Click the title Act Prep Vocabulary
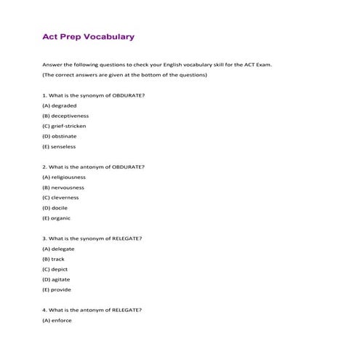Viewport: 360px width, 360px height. pos(88,36)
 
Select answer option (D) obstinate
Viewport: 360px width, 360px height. pos(59,136)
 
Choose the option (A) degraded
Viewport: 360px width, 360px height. pos(59,105)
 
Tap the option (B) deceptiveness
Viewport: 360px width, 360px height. pos(65,116)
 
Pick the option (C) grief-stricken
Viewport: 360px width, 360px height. pos(64,126)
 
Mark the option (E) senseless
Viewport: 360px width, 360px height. pos(59,146)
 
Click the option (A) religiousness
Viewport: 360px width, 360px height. pos(64,177)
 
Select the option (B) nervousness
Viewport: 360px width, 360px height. pos(63,187)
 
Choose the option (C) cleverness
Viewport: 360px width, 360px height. pos(61,197)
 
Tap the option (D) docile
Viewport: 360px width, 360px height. pos(55,207)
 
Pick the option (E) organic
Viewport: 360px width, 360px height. pos(56,217)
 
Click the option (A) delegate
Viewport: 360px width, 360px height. pos(58,249)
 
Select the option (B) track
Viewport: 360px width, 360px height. pos(54,259)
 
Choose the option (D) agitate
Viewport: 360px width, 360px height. pos(57,279)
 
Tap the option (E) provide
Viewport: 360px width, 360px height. pos(56,289)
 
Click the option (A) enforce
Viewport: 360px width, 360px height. pos(57,320)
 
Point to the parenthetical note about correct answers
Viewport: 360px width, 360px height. pos(125,75)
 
